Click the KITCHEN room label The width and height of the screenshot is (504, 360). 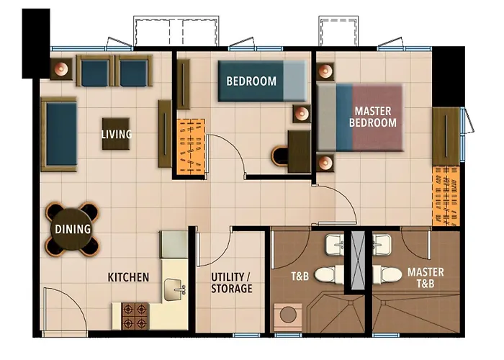128,277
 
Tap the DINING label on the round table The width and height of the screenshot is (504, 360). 73,229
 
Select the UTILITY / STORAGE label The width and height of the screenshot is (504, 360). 231,283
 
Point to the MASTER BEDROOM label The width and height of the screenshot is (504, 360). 373,117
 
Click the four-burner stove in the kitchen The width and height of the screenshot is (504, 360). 135,316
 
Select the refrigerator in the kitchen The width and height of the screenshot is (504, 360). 174,244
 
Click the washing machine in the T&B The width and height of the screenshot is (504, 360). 288,318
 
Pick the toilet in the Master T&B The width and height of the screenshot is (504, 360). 387,275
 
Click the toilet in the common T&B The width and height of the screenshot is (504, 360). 329,275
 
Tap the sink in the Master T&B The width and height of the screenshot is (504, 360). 382,245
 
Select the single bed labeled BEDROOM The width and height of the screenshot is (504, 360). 262,81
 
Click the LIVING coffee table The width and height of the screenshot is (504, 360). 116,134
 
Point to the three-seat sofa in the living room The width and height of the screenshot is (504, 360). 59,134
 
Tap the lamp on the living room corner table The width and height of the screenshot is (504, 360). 61,68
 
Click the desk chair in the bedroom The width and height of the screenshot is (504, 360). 279,156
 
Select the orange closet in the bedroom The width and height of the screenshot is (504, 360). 191,147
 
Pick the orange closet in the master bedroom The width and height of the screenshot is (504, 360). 446,196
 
